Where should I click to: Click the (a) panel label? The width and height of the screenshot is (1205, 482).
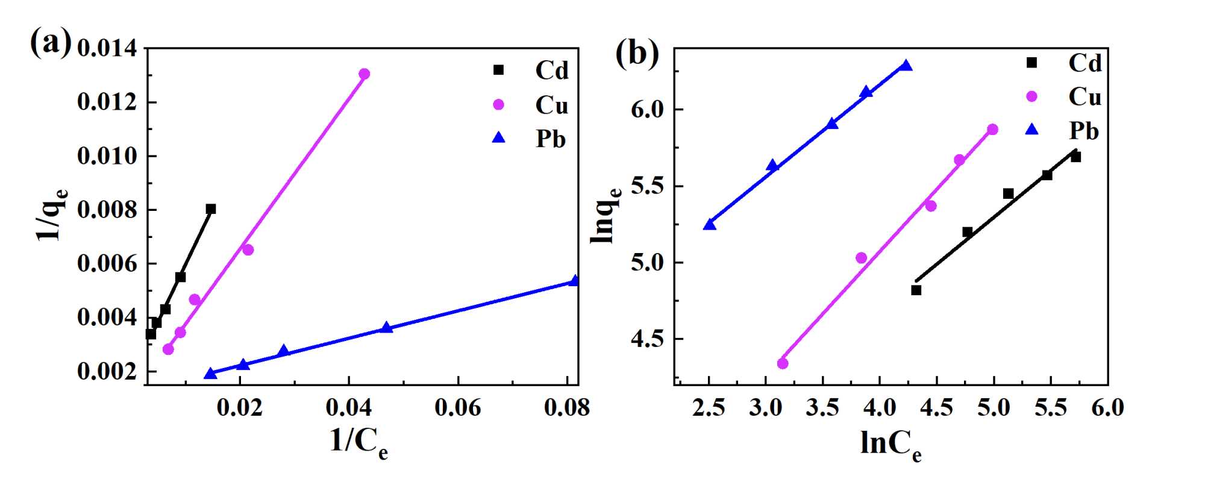(x=51, y=43)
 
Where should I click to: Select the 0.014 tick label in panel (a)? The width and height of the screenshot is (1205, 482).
(x=107, y=49)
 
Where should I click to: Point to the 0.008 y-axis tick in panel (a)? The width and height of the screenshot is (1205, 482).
(x=107, y=210)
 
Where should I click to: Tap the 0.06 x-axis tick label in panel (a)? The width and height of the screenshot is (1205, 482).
(x=458, y=408)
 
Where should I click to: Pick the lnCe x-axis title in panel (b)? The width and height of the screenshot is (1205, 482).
(x=890, y=445)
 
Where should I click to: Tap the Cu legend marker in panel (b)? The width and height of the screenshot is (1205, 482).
(x=1032, y=96)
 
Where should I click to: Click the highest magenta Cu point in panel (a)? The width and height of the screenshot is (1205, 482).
(x=364, y=74)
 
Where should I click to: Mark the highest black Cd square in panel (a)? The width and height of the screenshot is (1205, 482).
(x=211, y=209)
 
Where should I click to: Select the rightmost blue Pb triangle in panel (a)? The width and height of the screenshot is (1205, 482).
(x=575, y=281)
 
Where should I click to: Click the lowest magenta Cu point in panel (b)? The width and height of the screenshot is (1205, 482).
(x=783, y=363)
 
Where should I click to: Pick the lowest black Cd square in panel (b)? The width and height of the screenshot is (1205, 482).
(x=916, y=290)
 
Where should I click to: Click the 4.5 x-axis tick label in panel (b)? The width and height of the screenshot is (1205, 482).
(x=937, y=408)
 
